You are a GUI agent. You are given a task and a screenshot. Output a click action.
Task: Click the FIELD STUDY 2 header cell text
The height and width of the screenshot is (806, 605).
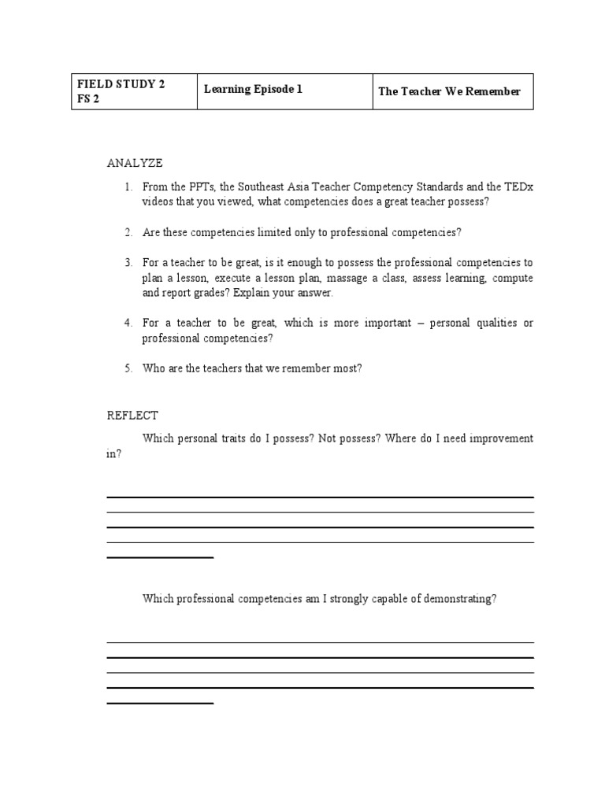point(121,84)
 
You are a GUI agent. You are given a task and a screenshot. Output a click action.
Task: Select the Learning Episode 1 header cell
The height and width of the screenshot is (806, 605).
point(253,90)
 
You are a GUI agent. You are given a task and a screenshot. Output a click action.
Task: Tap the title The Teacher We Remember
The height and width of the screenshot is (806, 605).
point(449,91)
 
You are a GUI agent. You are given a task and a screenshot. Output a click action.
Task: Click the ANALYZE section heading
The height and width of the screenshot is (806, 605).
point(135,163)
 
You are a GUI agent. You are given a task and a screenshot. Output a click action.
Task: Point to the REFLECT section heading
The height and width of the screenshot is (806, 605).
point(132,416)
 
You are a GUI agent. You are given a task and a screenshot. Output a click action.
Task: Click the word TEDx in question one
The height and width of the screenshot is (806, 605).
point(519,187)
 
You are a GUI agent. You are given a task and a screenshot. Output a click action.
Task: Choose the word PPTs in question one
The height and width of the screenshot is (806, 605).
point(196,187)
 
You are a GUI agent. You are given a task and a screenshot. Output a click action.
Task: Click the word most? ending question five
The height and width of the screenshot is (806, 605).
point(347,368)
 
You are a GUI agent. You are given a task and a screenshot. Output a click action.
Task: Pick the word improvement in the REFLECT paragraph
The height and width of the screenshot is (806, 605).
point(499,438)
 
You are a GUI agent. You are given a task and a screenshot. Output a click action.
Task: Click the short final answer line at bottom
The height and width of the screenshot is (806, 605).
point(160,703)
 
